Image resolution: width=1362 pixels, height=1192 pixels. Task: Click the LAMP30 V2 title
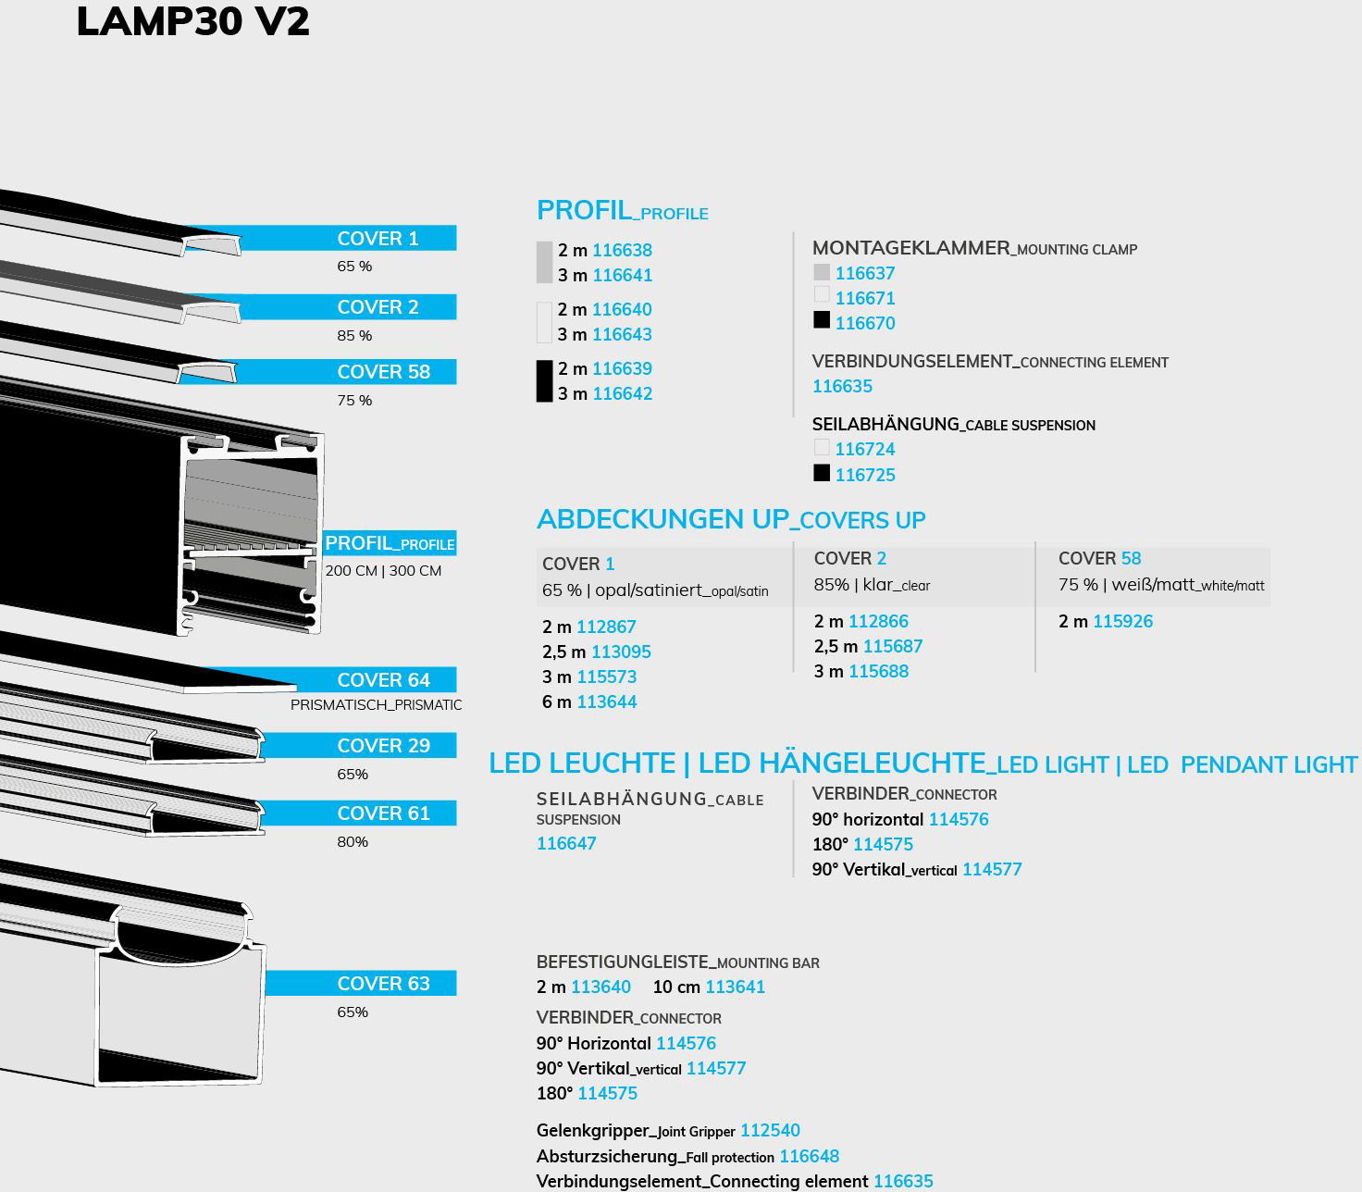[x=193, y=21]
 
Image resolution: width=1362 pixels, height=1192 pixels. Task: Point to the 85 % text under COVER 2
[x=354, y=336]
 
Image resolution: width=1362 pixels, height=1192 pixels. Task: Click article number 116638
[x=623, y=251]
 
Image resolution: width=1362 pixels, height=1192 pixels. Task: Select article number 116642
[x=623, y=393]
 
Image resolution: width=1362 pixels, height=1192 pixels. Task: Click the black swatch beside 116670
[x=822, y=319]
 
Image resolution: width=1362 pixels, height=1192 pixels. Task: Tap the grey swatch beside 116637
[x=822, y=272]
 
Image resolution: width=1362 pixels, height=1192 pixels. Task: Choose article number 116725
[x=865, y=475]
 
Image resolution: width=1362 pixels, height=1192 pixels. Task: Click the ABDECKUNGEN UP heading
[x=663, y=519]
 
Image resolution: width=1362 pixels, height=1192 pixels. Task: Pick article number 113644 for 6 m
[x=606, y=702]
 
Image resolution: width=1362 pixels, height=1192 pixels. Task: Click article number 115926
[x=1123, y=621]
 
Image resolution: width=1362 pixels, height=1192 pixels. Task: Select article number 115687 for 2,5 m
[x=893, y=646]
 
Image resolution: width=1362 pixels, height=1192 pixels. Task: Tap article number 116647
[x=566, y=843]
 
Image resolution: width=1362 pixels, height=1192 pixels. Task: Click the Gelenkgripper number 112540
[x=770, y=1130]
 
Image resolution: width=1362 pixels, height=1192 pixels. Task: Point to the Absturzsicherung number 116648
[x=810, y=1156]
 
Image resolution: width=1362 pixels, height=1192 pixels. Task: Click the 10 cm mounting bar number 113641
[x=736, y=987]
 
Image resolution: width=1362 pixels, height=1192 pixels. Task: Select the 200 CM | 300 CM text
[x=383, y=571]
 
